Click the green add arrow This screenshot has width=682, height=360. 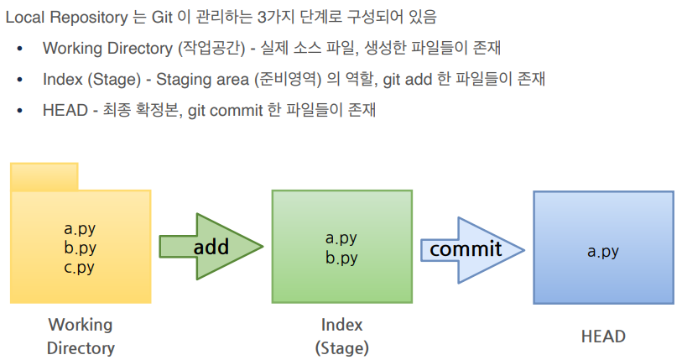(210, 247)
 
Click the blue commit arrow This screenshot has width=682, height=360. (470, 248)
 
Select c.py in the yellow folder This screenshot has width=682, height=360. (80, 268)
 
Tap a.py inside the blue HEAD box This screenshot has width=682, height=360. (602, 251)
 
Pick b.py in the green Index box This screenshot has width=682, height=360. (341, 258)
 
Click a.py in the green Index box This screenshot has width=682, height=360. (341, 237)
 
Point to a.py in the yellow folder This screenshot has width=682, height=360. (80, 227)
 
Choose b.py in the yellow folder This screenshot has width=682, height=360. (80, 248)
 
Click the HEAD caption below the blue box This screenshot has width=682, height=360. (603, 337)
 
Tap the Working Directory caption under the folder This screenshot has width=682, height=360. (81, 336)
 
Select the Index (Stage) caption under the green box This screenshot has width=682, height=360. (341, 336)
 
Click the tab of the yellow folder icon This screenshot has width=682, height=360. (44, 176)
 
